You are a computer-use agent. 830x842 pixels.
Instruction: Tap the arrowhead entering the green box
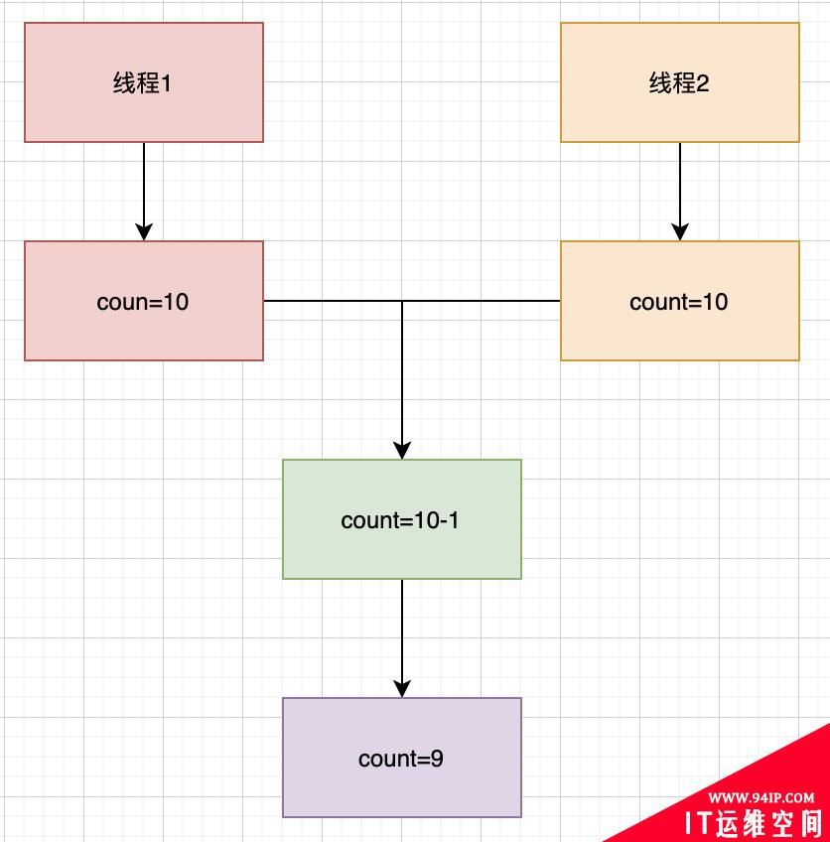tap(402, 450)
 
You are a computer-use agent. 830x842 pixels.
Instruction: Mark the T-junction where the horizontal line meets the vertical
tap(402, 301)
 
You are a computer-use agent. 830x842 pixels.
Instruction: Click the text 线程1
tap(143, 83)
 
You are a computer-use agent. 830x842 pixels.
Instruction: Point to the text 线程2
tap(679, 83)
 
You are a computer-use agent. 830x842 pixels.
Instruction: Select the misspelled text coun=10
tap(143, 302)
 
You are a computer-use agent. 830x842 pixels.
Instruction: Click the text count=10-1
tap(400, 520)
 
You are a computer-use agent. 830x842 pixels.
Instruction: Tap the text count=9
tap(401, 759)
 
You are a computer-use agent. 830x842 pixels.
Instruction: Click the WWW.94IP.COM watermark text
tap(762, 797)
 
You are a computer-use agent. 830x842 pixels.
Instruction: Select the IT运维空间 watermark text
tap(756, 823)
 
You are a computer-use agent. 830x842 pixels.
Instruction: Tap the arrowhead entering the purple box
tap(402, 688)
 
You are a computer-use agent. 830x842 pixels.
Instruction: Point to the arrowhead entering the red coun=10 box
tap(144, 231)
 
